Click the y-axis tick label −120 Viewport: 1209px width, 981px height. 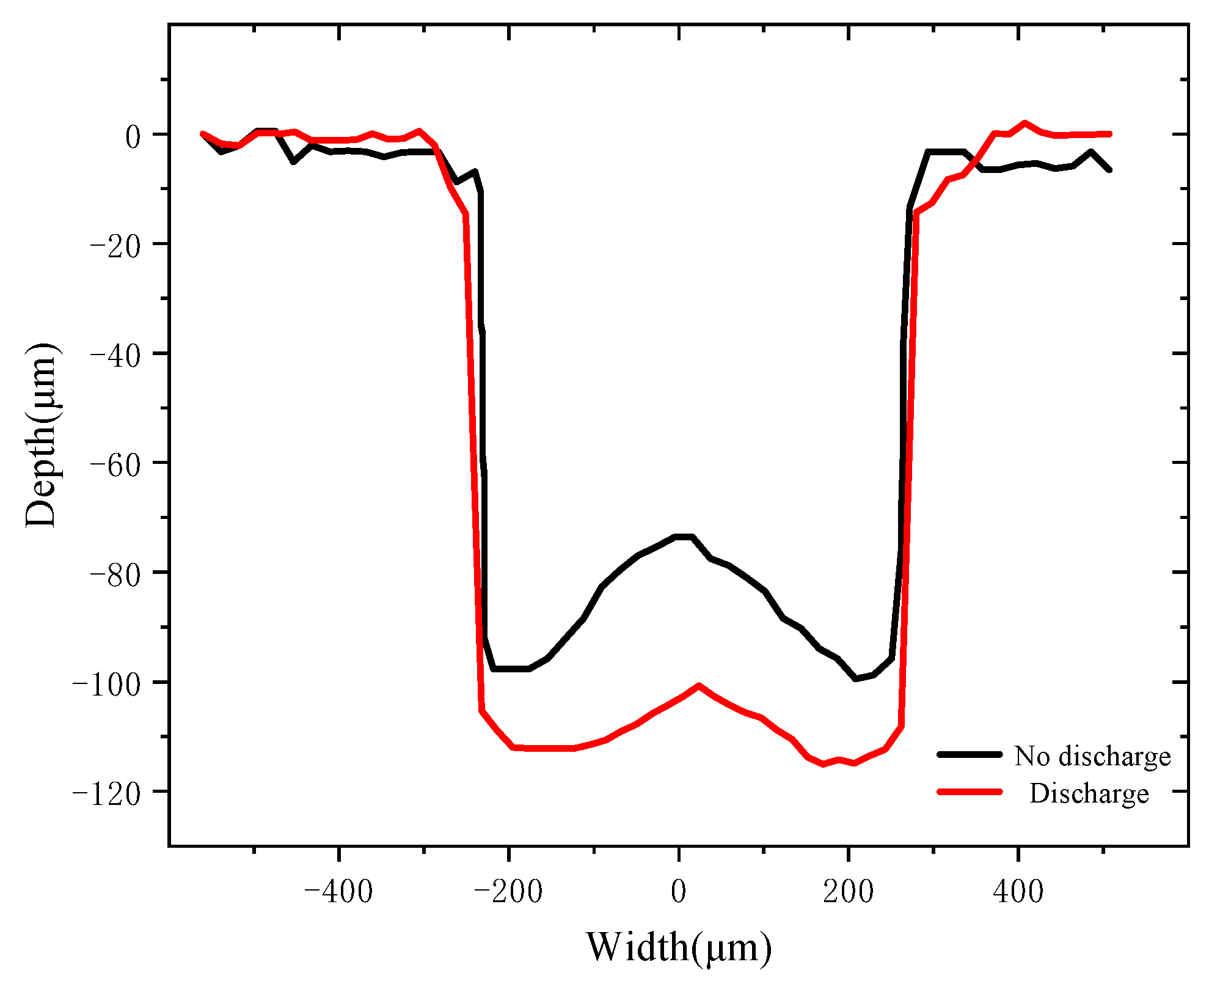(106, 792)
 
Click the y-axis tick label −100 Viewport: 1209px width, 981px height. (106, 682)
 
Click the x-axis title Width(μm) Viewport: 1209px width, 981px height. (678, 948)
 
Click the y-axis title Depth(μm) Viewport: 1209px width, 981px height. (42, 435)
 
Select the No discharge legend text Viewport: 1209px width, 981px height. (1092, 756)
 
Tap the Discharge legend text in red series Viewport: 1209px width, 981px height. (1089, 793)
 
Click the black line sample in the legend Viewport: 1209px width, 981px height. (970, 755)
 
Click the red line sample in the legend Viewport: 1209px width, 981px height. (970, 792)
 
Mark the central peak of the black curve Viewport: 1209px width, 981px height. (684, 536)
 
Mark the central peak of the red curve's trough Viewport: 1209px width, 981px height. (699, 685)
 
